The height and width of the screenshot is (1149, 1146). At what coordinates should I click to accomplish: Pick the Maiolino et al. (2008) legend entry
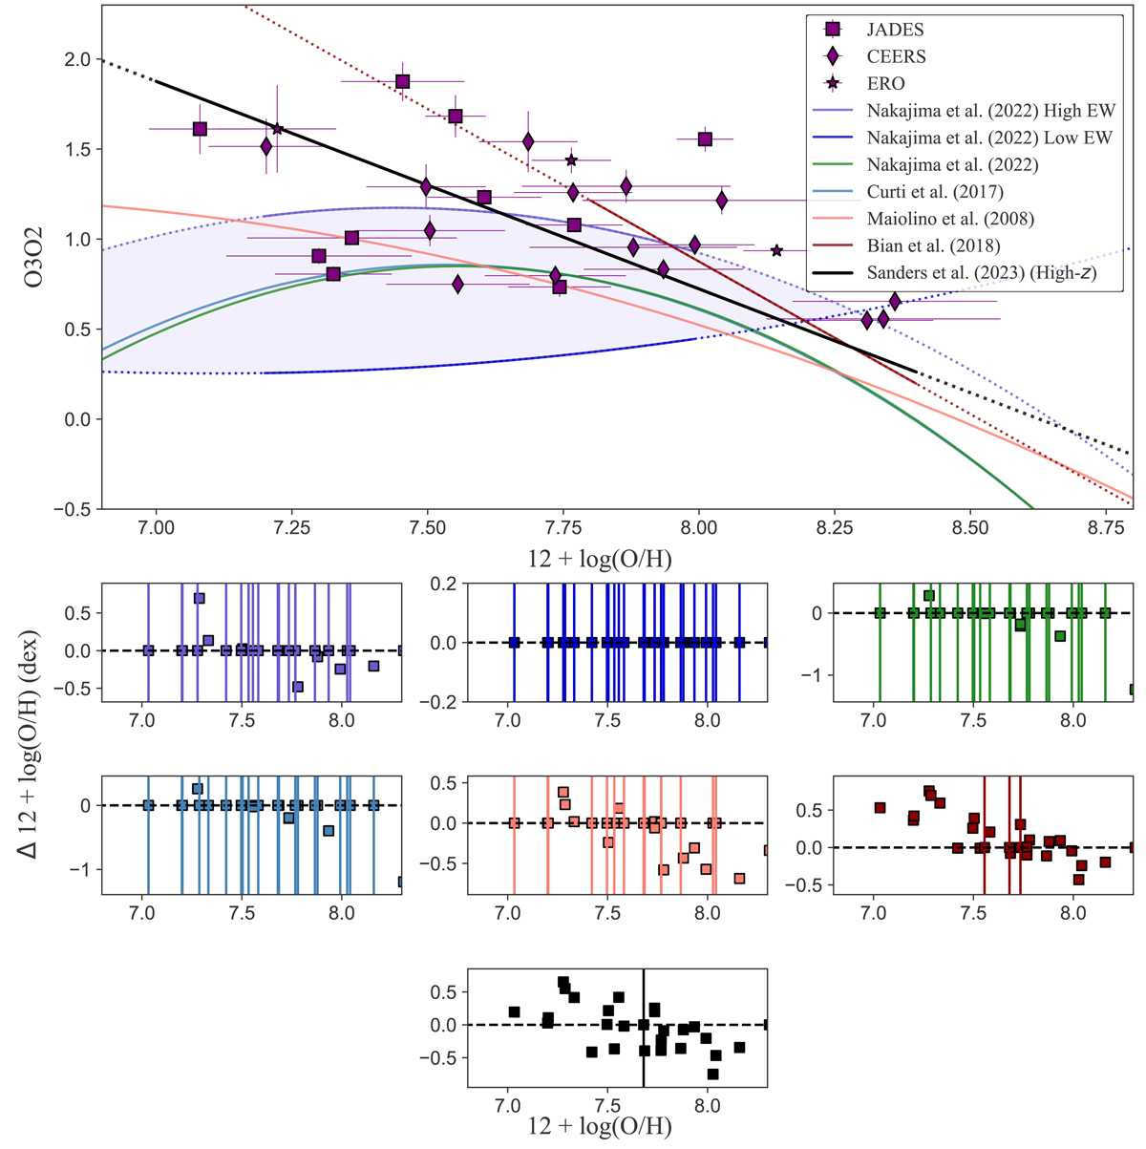[x=949, y=219]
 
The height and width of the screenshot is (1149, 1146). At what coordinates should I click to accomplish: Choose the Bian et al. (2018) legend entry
[x=933, y=245]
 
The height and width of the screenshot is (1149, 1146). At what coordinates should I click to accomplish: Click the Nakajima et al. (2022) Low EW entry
[x=989, y=138]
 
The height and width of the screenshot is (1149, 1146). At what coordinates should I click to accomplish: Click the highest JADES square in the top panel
[x=403, y=81]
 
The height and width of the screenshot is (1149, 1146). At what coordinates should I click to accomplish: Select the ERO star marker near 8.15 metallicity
[x=776, y=250]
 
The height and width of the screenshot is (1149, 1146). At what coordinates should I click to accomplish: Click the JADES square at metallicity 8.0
[x=705, y=139]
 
